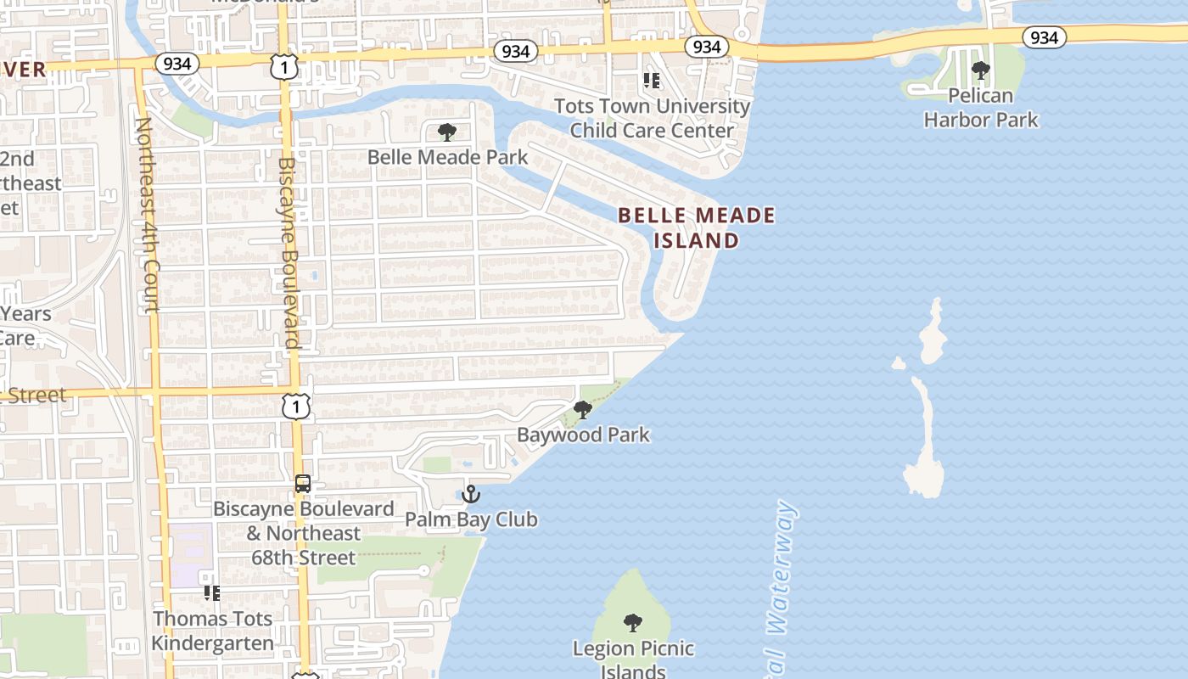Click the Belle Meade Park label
pyautogui.click(x=447, y=157)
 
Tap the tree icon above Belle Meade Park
pyautogui.click(x=446, y=132)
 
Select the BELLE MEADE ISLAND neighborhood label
pyautogui.click(x=696, y=227)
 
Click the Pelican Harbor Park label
pyautogui.click(x=980, y=108)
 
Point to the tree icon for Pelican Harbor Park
pyautogui.click(x=980, y=70)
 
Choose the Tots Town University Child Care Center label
pyautogui.click(x=652, y=118)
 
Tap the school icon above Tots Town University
pyautogui.click(x=651, y=81)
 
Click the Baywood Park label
pyautogui.click(x=583, y=435)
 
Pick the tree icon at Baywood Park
pyautogui.click(x=582, y=410)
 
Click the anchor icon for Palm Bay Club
pyautogui.click(x=471, y=494)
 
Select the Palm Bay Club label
pyautogui.click(x=471, y=519)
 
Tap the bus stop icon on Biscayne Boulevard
pyautogui.click(x=303, y=484)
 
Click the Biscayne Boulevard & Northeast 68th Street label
pyautogui.click(x=303, y=533)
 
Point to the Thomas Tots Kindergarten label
pyautogui.click(x=212, y=631)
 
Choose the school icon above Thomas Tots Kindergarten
pyautogui.click(x=212, y=592)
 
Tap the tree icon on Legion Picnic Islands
pyautogui.click(x=632, y=623)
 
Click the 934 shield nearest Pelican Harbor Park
pyautogui.click(x=1044, y=37)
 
